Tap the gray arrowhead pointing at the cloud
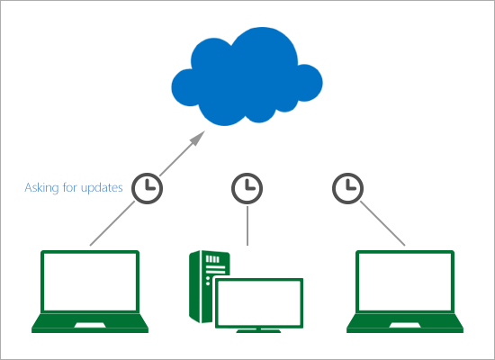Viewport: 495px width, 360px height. coord(197,139)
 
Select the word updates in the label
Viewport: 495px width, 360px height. coord(102,188)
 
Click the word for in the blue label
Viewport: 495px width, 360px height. coord(70,187)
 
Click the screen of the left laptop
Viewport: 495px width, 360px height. coord(90,282)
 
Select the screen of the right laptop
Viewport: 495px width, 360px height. coord(405,282)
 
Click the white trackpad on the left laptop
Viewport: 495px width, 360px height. coord(90,325)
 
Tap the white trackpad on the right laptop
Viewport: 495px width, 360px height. coord(405,325)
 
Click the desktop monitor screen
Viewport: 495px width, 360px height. coord(259,303)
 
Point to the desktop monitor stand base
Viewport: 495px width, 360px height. coord(258,331)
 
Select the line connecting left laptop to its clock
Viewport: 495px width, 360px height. coord(112,223)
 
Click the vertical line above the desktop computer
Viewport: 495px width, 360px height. coord(247,226)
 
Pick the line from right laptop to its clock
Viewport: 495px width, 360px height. coord(382,223)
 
